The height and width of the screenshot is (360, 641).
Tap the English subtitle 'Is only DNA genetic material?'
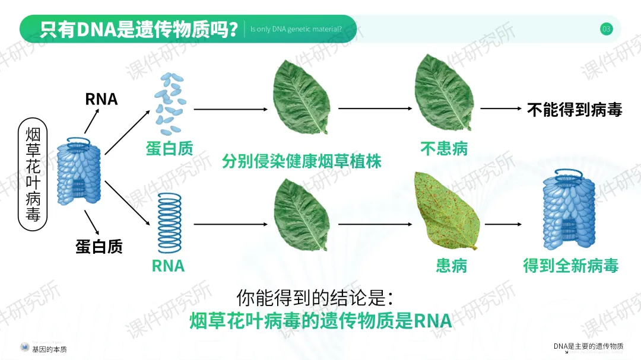(296, 29)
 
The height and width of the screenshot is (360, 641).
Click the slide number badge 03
(606, 29)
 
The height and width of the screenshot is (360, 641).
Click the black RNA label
(101, 99)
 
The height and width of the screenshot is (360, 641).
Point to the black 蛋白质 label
(99, 246)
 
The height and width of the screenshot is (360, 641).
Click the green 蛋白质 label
(170, 148)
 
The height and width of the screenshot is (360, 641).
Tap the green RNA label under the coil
(169, 266)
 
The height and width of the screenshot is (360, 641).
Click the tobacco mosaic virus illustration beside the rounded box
(80, 171)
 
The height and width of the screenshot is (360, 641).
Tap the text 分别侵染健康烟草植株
(302, 161)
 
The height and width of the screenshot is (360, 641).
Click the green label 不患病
(444, 148)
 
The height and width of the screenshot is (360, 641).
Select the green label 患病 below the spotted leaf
(452, 266)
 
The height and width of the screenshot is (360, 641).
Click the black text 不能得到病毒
(575, 110)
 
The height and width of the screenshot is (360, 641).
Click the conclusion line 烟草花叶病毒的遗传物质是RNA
(321, 321)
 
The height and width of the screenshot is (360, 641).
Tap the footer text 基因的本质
(49, 349)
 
